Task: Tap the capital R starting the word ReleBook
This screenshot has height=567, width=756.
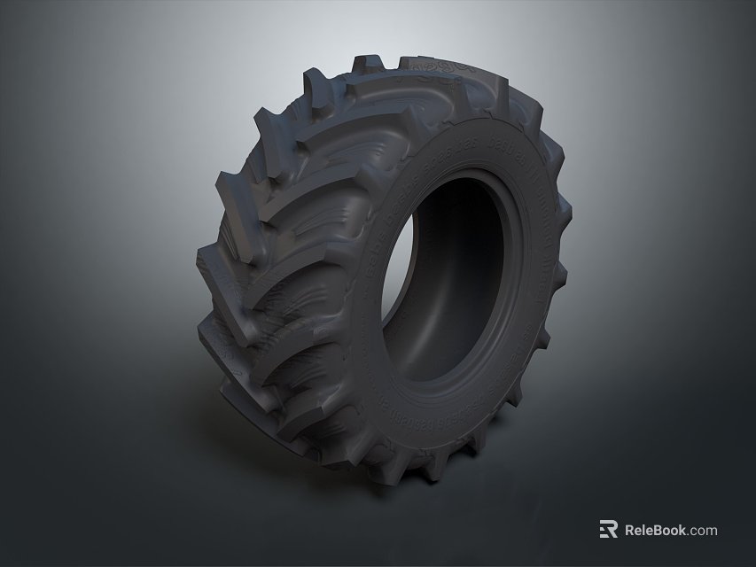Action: tap(631, 530)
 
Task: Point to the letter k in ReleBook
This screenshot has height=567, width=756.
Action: tap(684, 530)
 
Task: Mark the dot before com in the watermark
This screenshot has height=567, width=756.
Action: tap(690, 534)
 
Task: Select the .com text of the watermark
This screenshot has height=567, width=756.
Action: tap(704, 531)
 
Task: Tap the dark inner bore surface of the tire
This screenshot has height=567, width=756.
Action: tap(470, 266)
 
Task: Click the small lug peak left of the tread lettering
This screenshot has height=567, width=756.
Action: tap(364, 64)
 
